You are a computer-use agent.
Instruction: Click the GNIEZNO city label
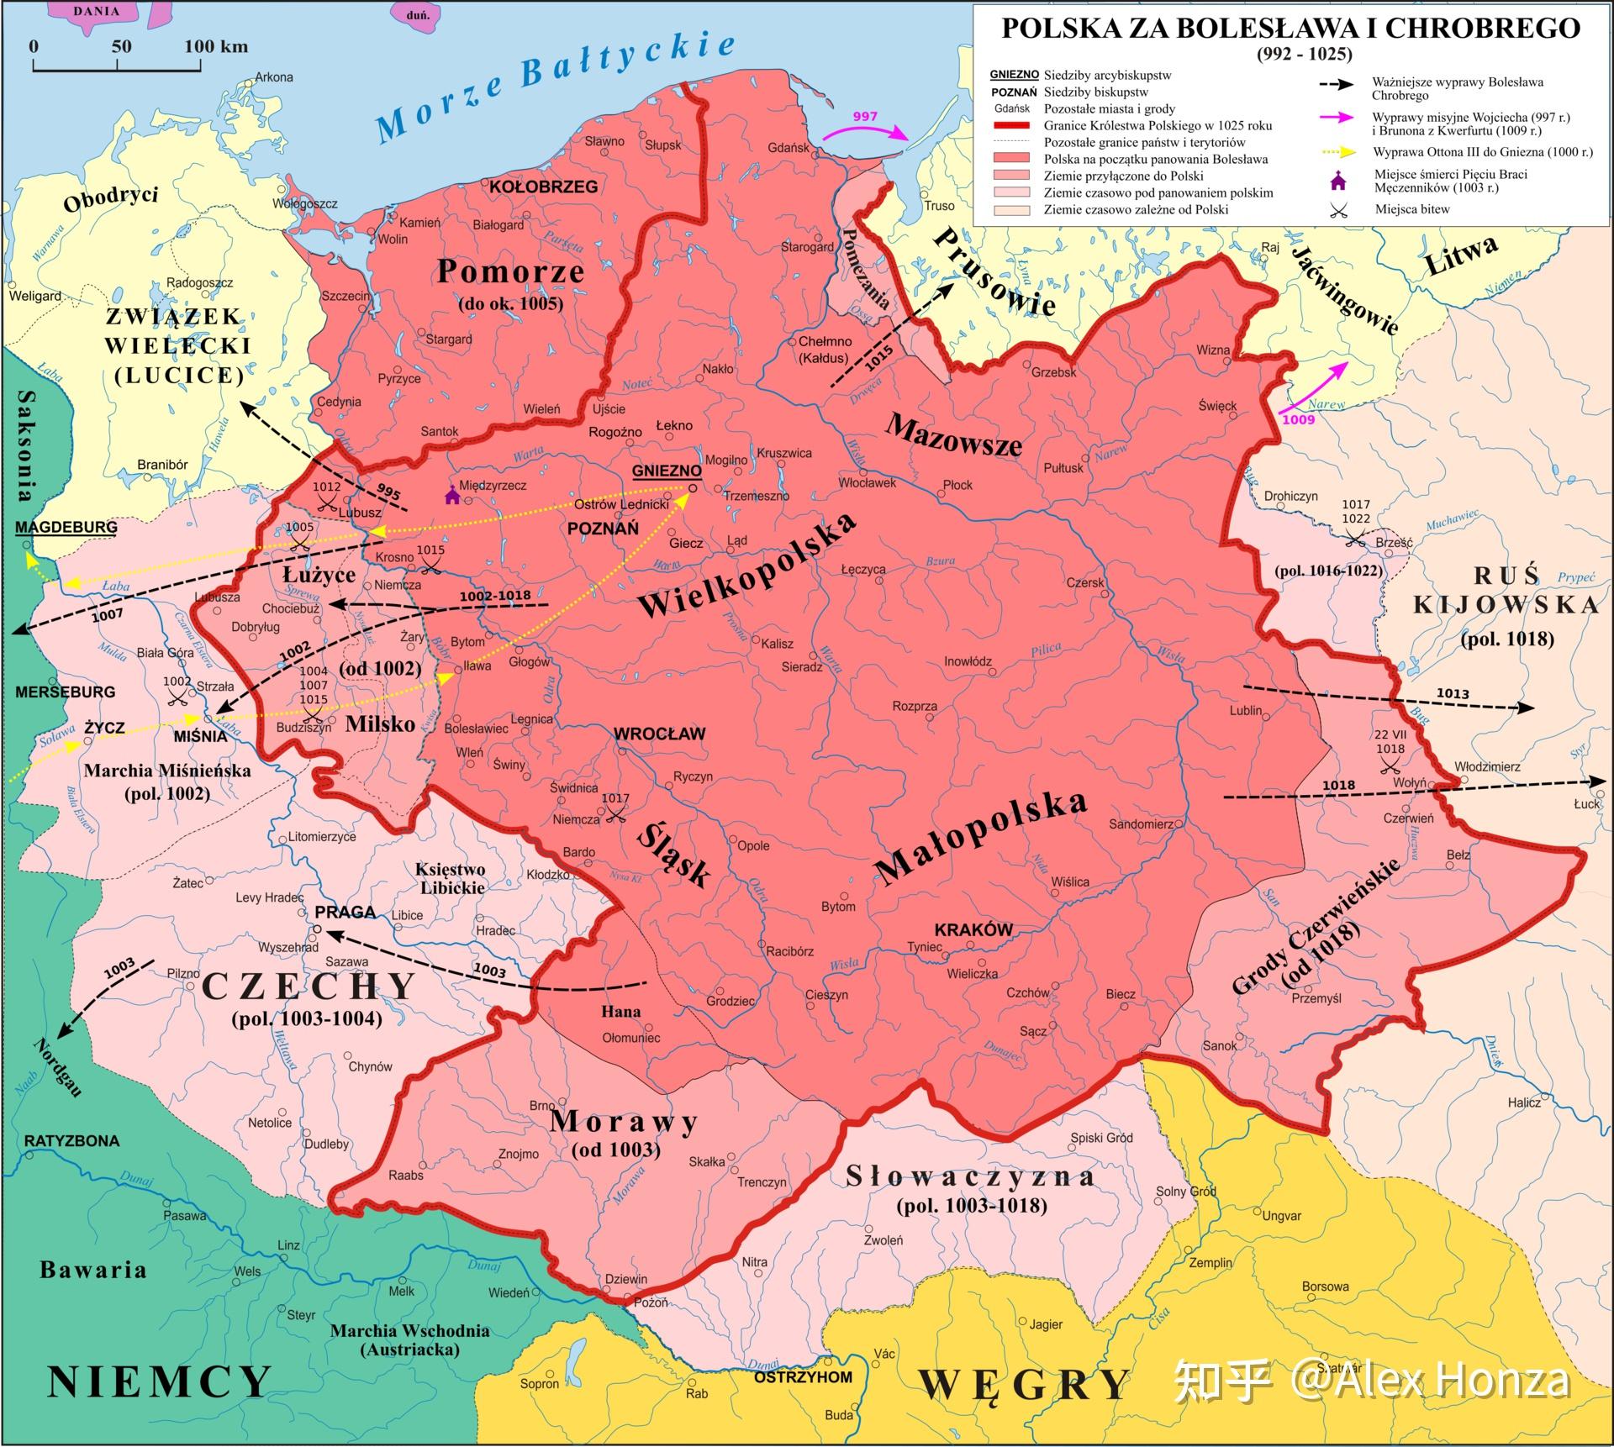[666, 471]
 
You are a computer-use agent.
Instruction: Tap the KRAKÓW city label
[973, 929]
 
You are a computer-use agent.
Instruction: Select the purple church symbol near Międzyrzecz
[451, 495]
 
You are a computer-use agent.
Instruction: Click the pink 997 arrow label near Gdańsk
[864, 117]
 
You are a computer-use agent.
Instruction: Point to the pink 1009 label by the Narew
[1298, 418]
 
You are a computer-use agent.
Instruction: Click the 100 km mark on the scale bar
[215, 46]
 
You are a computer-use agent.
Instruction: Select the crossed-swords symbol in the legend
[1338, 209]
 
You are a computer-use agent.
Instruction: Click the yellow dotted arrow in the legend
[1338, 152]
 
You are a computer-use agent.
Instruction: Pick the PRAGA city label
[345, 912]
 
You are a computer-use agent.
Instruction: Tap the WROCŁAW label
[659, 734]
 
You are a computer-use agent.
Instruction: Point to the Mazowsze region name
[953, 434]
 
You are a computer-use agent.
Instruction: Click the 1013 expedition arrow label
[1453, 693]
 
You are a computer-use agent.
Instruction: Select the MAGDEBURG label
[66, 527]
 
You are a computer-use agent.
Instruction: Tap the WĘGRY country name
[1023, 1384]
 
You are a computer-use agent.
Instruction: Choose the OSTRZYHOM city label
[803, 1376]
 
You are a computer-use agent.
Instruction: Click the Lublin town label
[1245, 710]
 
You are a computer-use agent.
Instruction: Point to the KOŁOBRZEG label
[543, 187]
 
